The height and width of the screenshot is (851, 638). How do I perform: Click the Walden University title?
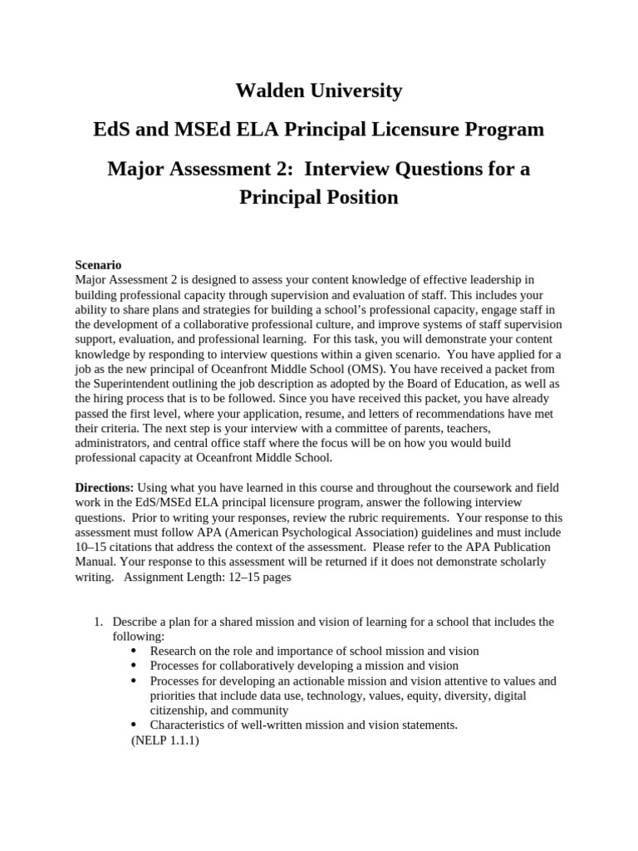click(319, 91)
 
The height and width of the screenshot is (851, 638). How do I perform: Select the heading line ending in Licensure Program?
click(319, 130)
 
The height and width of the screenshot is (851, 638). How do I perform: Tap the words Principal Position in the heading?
click(319, 198)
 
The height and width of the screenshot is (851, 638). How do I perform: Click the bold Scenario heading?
click(98, 264)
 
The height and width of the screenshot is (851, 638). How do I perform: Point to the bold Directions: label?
click(104, 487)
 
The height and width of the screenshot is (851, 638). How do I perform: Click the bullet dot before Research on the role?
click(135, 651)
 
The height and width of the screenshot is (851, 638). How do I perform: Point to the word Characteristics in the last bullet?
click(188, 725)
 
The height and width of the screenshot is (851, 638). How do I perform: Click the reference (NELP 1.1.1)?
click(165, 740)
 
